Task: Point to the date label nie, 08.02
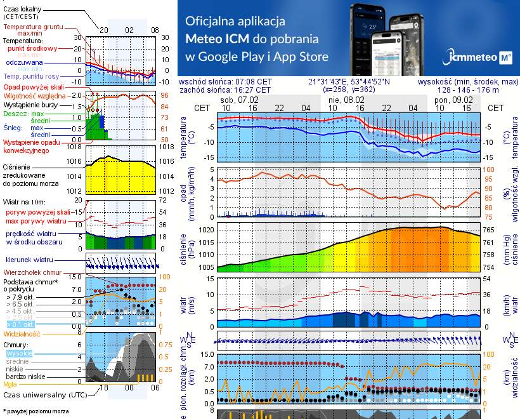click(x=344, y=100)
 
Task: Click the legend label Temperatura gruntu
click(x=32, y=27)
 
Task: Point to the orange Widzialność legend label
click(x=22, y=333)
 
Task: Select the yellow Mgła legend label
click(x=10, y=383)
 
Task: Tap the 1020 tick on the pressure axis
click(x=205, y=230)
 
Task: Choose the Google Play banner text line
click(x=257, y=57)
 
